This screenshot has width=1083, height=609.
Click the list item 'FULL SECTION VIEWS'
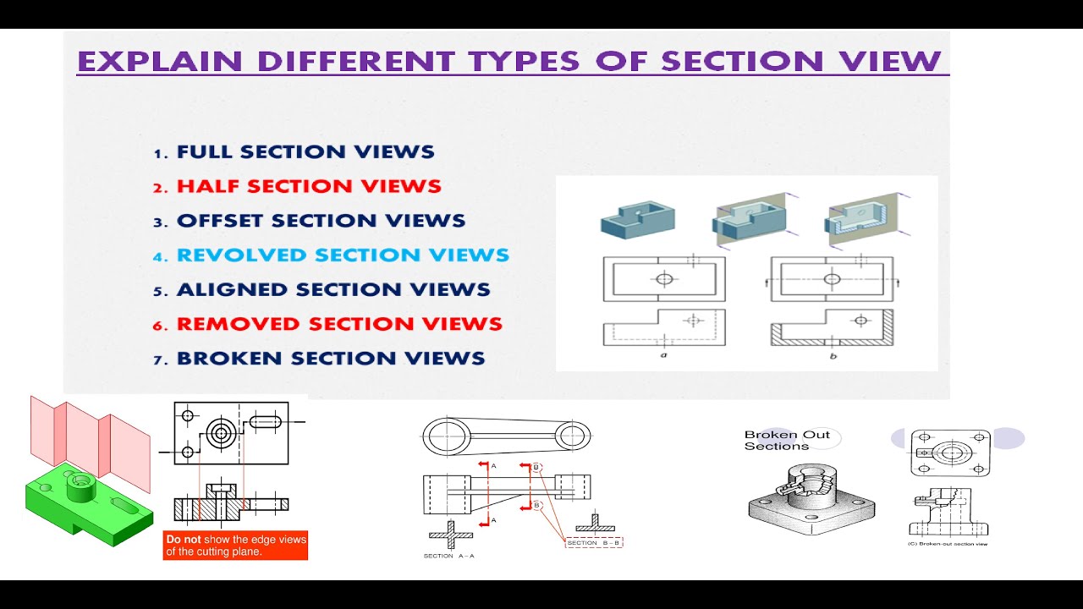coord(305,153)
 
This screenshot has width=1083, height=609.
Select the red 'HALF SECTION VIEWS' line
coord(309,187)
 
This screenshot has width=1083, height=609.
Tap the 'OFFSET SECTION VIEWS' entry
coord(321,222)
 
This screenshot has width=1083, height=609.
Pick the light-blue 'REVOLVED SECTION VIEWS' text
coord(343,255)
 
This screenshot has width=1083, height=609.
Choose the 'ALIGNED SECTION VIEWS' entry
coord(333,290)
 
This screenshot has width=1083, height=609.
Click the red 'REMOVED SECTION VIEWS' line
coord(339,324)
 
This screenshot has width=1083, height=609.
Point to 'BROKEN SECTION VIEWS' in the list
coord(331,359)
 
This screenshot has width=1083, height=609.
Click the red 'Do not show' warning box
coord(236,546)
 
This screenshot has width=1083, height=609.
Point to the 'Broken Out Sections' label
coord(787,441)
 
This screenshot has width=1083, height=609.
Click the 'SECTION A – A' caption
coord(448,556)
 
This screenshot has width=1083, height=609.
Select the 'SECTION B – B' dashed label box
coord(594,542)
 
